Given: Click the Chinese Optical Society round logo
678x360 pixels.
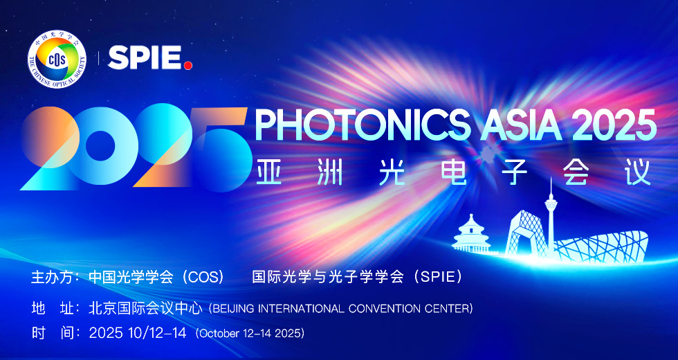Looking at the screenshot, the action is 57,59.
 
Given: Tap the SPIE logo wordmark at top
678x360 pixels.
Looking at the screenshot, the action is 150,58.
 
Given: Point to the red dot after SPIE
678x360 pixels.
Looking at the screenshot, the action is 187,65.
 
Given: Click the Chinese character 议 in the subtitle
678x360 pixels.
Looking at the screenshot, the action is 638,172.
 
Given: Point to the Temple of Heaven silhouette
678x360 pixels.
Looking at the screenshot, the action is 471,234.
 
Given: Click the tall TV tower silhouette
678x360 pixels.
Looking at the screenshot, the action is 551,215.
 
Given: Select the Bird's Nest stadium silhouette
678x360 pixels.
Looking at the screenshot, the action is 601,246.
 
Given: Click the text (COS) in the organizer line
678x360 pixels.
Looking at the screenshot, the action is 203,277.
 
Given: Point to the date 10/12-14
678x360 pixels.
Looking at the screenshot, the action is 158,333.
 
